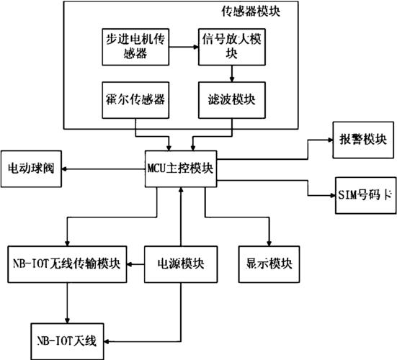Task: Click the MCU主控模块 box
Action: [x=180, y=168]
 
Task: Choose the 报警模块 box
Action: [x=362, y=140]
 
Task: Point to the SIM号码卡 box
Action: [x=362, y=194]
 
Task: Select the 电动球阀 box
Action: [x=31, y=168]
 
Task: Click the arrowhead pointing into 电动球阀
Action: [x=66, y=168]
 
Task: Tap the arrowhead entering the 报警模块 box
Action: [x=328, y=140]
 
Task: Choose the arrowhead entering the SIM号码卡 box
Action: [x=328, y=194]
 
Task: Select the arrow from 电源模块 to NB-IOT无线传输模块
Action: [x=137, y=264]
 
